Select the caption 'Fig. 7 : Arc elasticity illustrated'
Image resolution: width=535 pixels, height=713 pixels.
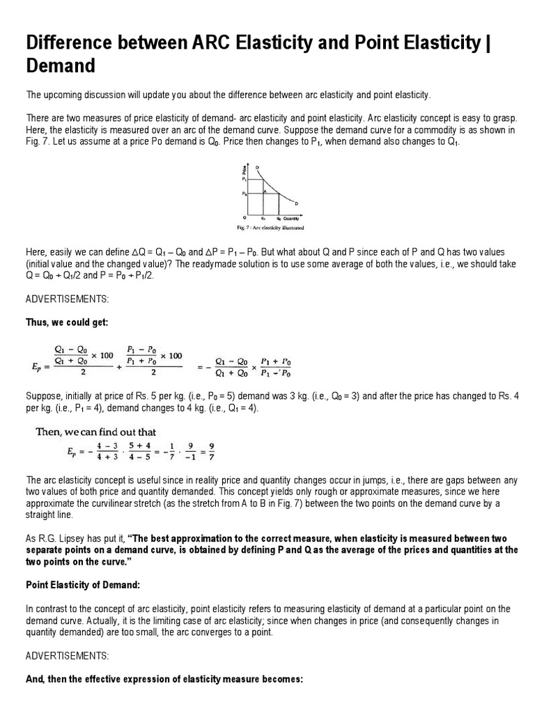coord(270,227)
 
